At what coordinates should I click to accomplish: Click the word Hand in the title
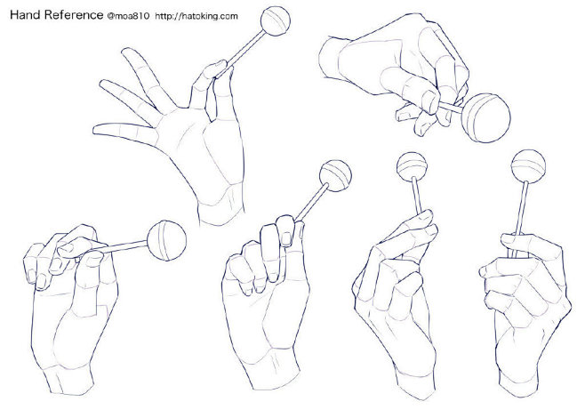coord(26,14)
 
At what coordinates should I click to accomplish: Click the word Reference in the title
coord(74,14)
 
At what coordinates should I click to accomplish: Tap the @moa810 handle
coord(128,16)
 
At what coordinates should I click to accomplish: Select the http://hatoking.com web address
coord(196,16)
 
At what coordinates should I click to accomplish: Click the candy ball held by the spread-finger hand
coord(276,20)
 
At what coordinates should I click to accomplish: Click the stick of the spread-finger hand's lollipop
coord(244,50)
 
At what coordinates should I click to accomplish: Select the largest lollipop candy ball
coord(485,118)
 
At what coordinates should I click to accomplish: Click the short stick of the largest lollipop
coord(451,108)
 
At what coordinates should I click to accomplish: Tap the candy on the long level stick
coord(166,240)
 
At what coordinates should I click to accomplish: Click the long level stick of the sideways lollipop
coord(118,248)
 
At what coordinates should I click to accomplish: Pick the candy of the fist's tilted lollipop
coord(335,176)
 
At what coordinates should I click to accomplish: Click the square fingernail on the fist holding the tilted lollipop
coord(285,239)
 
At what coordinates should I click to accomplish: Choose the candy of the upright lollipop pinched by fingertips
coord(412,166)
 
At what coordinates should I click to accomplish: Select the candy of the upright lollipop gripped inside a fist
coord(528,166)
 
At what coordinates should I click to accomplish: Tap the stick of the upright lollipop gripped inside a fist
coord(522,208)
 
